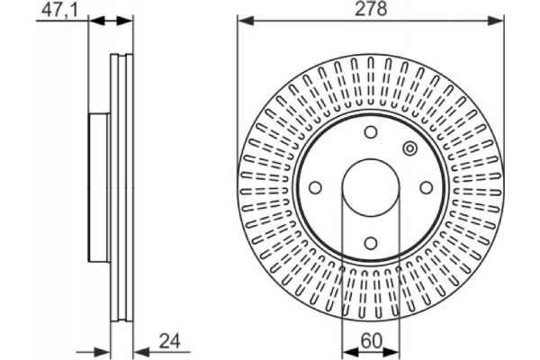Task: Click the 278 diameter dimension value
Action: pyautogui.click(x=371, y=9)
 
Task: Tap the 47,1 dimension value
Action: pyautogui.click(x=60, y=10)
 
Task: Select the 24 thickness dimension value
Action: pyautogui.click(x=170, y=342)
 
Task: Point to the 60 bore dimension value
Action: pyautogui.click(x=371, y=341)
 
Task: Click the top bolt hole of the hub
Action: pyautogui.click(x=371, y=132)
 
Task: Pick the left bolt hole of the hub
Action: pyautogui.click(x=315, y=188)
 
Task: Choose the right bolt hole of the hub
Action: pyautogui.click(x=427, y=188)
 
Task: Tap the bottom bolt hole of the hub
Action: pyautogui.click(x=371, y=244)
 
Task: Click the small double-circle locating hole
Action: pyautogui.click(x=410, y=148)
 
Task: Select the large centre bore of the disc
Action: pyautogui.click(x=371, y=188)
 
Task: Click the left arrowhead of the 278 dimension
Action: pyautogui.click(x=245, y=21)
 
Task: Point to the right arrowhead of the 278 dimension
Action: pyautogui.click(x=496, y=21)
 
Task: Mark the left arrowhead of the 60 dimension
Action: pyautogui.click(x=349, y=352)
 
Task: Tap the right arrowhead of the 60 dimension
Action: pyautogui.click(x=391, y=352)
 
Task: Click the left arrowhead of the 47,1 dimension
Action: pyautogui.click(x=96, y=21)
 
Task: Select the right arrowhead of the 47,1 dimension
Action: pyautogui.click(x=125, y=21)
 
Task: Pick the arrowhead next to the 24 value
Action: pyautogui.click(x=141, y=352)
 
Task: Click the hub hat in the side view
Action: pyautogui.click(x=100, y=188)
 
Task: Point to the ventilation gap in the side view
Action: pyautogui.click(x=121, y=188)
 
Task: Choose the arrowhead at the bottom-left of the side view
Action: pyautogui.click(x=103, y=352)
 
